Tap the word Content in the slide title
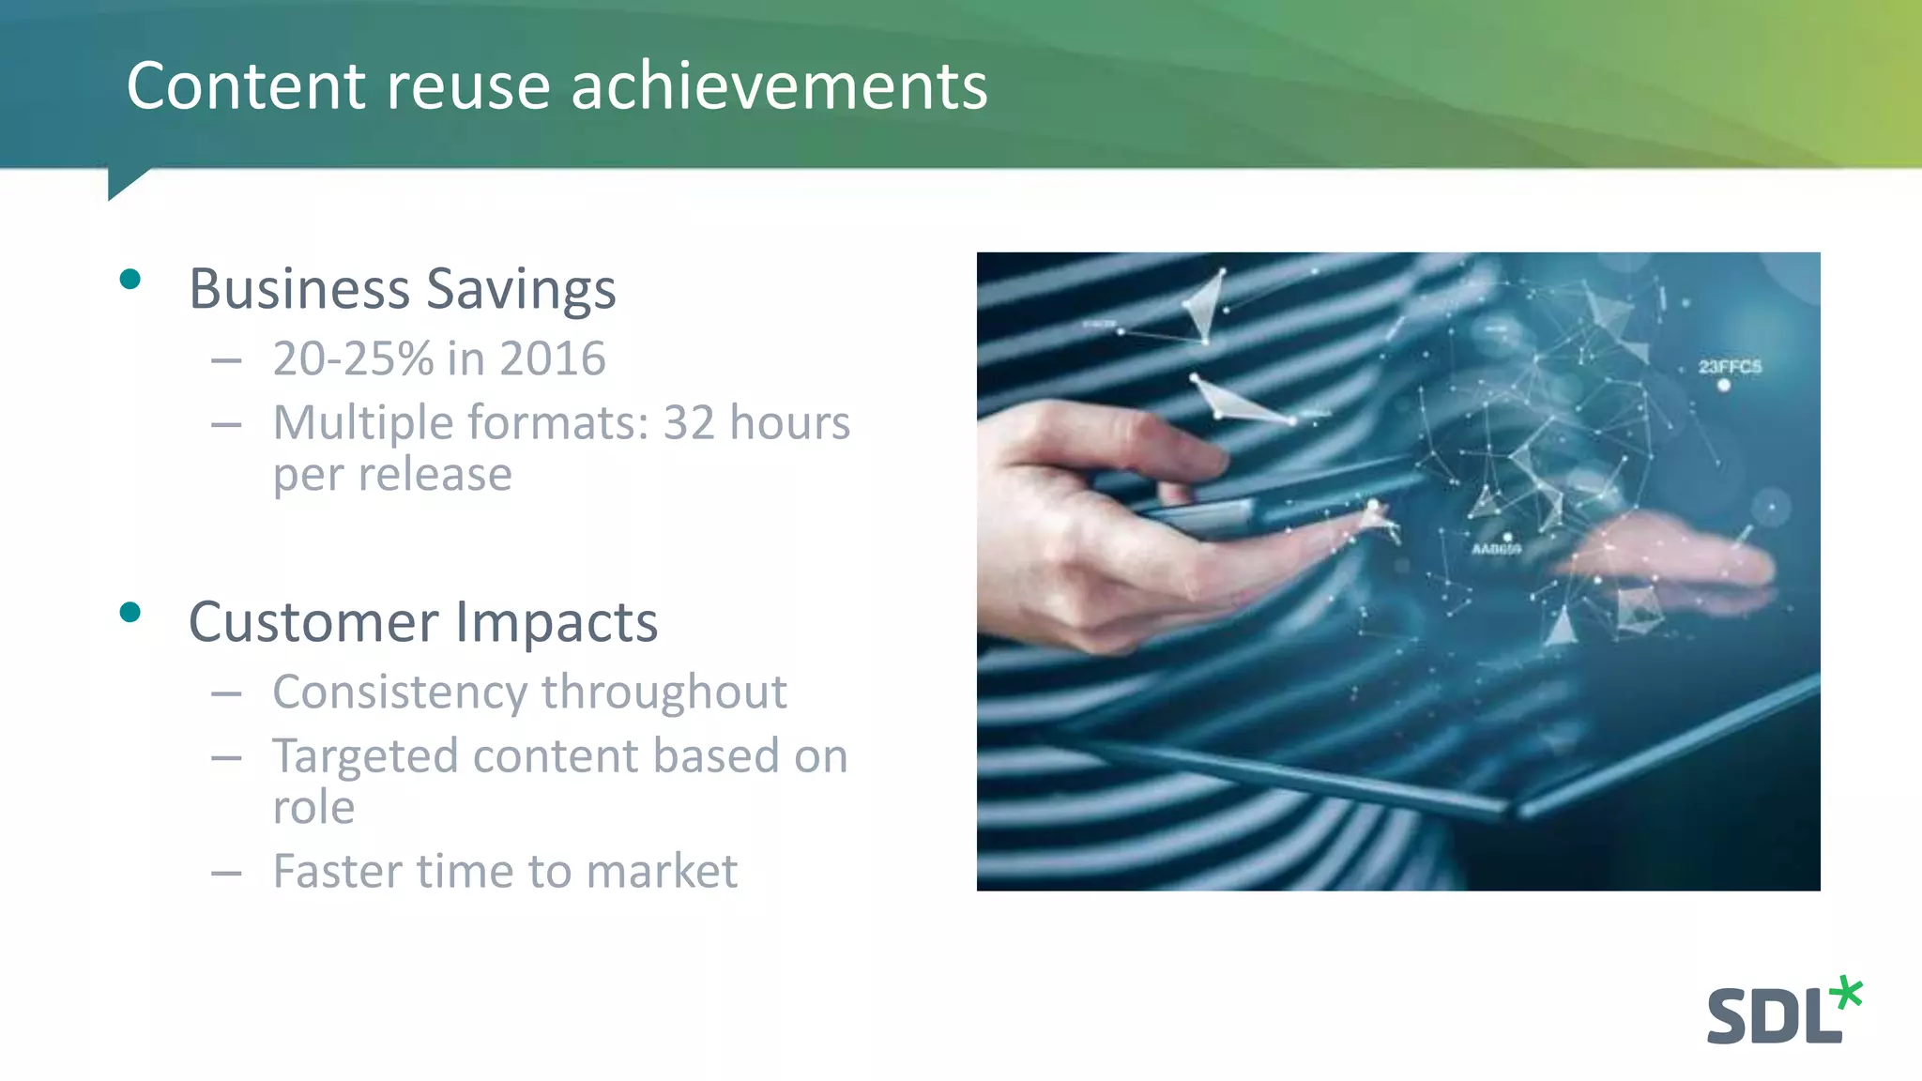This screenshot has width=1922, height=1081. pos(246,86)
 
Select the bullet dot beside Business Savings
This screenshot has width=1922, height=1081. pos(130,279)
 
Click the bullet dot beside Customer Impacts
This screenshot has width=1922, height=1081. pos(130,613)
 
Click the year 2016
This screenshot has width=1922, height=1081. pos(552,358)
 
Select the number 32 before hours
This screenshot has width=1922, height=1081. pos(689,422)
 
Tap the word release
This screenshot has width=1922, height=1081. pos(433,474)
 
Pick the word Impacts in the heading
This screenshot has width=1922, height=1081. pos(557,622)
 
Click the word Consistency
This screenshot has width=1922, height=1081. pos(399,693)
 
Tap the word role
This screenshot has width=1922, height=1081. pos(313,808)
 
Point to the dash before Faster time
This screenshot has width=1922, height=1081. pos(226,874)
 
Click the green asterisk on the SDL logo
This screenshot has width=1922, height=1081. pos(1847,994)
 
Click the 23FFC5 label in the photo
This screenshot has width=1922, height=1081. pos(1730,367)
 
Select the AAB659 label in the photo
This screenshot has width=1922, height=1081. pos(1496,549)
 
